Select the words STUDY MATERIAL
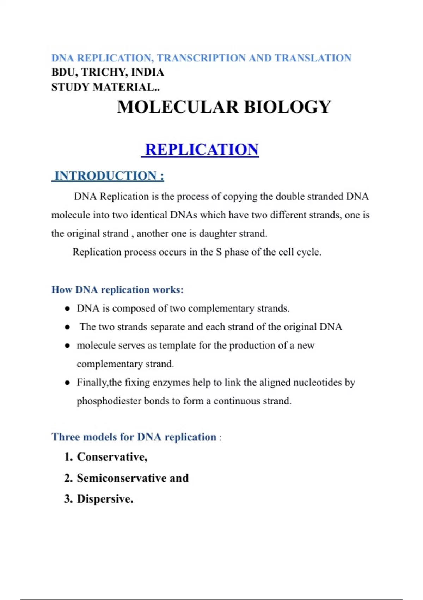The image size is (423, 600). tap(105, 87)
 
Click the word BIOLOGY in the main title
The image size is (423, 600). tap(287, 107)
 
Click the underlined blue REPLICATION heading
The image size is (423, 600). tap(202, 150)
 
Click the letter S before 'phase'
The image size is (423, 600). tap(219, 252)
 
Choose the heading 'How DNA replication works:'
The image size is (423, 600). tap(117, 290)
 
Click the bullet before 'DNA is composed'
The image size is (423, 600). tap(67, 309)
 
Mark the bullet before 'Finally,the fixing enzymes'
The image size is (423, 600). tap(67, 383)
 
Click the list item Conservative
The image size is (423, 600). tap(112, 457)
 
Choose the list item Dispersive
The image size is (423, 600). tap(105, 499)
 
